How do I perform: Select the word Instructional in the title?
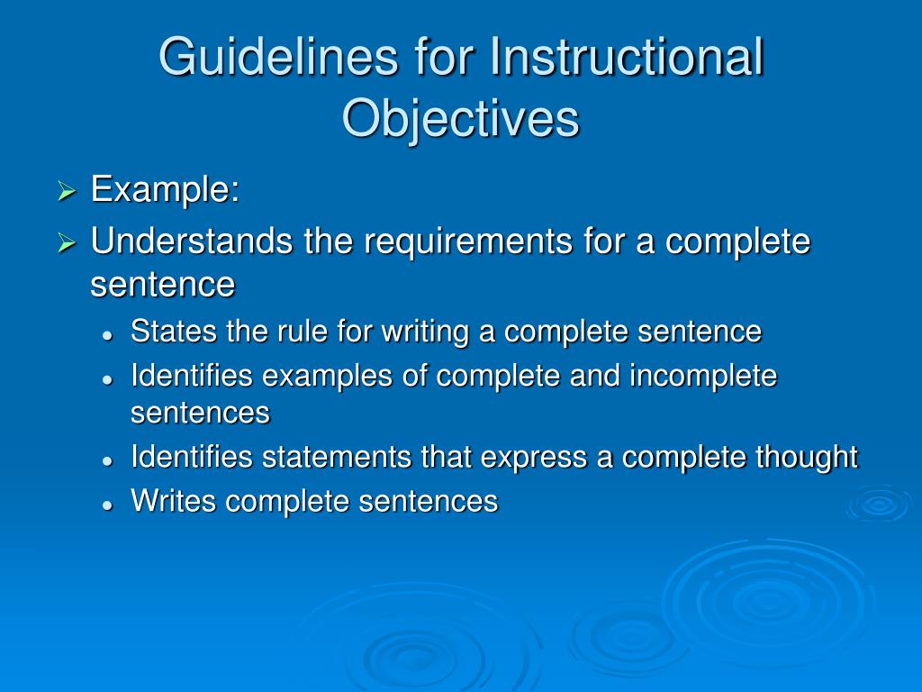point(626,58)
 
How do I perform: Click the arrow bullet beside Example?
point(67,192)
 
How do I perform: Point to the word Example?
point(165,190)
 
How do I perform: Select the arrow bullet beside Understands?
point(67,243)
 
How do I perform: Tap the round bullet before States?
point(107,333)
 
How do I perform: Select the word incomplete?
point(702,376)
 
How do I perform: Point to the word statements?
point(338,457)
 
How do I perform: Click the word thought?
point(807,458)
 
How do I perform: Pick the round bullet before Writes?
point(107,504)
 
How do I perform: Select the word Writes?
point(174,501)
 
